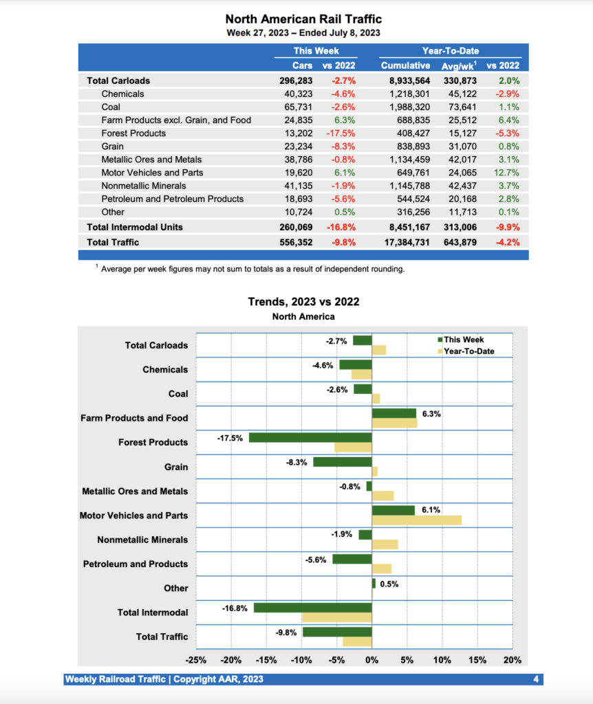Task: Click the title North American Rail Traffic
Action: tap(303, 19)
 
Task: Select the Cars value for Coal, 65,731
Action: tap(288, 107)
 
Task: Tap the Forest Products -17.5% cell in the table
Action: tap(339, 133)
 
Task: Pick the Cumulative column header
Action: tap(406, 65)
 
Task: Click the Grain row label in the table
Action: tap(112, 146)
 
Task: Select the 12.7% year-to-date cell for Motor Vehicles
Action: tap(506, 173)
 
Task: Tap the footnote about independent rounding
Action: tap(252, 269)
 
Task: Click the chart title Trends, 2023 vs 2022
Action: tap(303, 302)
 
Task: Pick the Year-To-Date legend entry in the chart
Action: tap(468, 351)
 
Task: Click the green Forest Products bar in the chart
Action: tap(310, 437)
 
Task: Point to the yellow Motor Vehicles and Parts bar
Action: tap(416, 520)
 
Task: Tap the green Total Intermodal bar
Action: tap(312, 608)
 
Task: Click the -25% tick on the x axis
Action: tap(195, 660)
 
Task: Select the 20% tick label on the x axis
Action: tap(512, 660)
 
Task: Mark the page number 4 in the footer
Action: tap(535, 679)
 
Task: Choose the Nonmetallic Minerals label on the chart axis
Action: tap(142, 540)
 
